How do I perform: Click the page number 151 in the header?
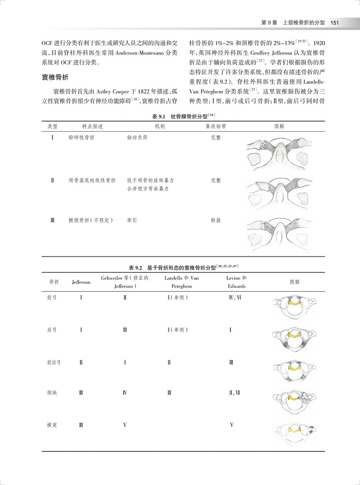point(335,23)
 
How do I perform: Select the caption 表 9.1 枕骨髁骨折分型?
point(184,116)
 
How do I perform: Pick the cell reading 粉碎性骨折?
point(82,137)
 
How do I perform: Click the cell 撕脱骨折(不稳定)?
point(91,220)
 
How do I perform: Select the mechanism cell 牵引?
point(132,220)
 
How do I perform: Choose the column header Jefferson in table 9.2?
point(81,282)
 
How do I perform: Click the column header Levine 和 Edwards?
point(236,282)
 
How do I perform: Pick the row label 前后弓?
point(54,362)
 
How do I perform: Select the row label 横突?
point(52,425)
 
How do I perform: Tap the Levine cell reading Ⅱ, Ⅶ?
point(234,393)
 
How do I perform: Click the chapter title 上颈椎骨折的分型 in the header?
point(304,23)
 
